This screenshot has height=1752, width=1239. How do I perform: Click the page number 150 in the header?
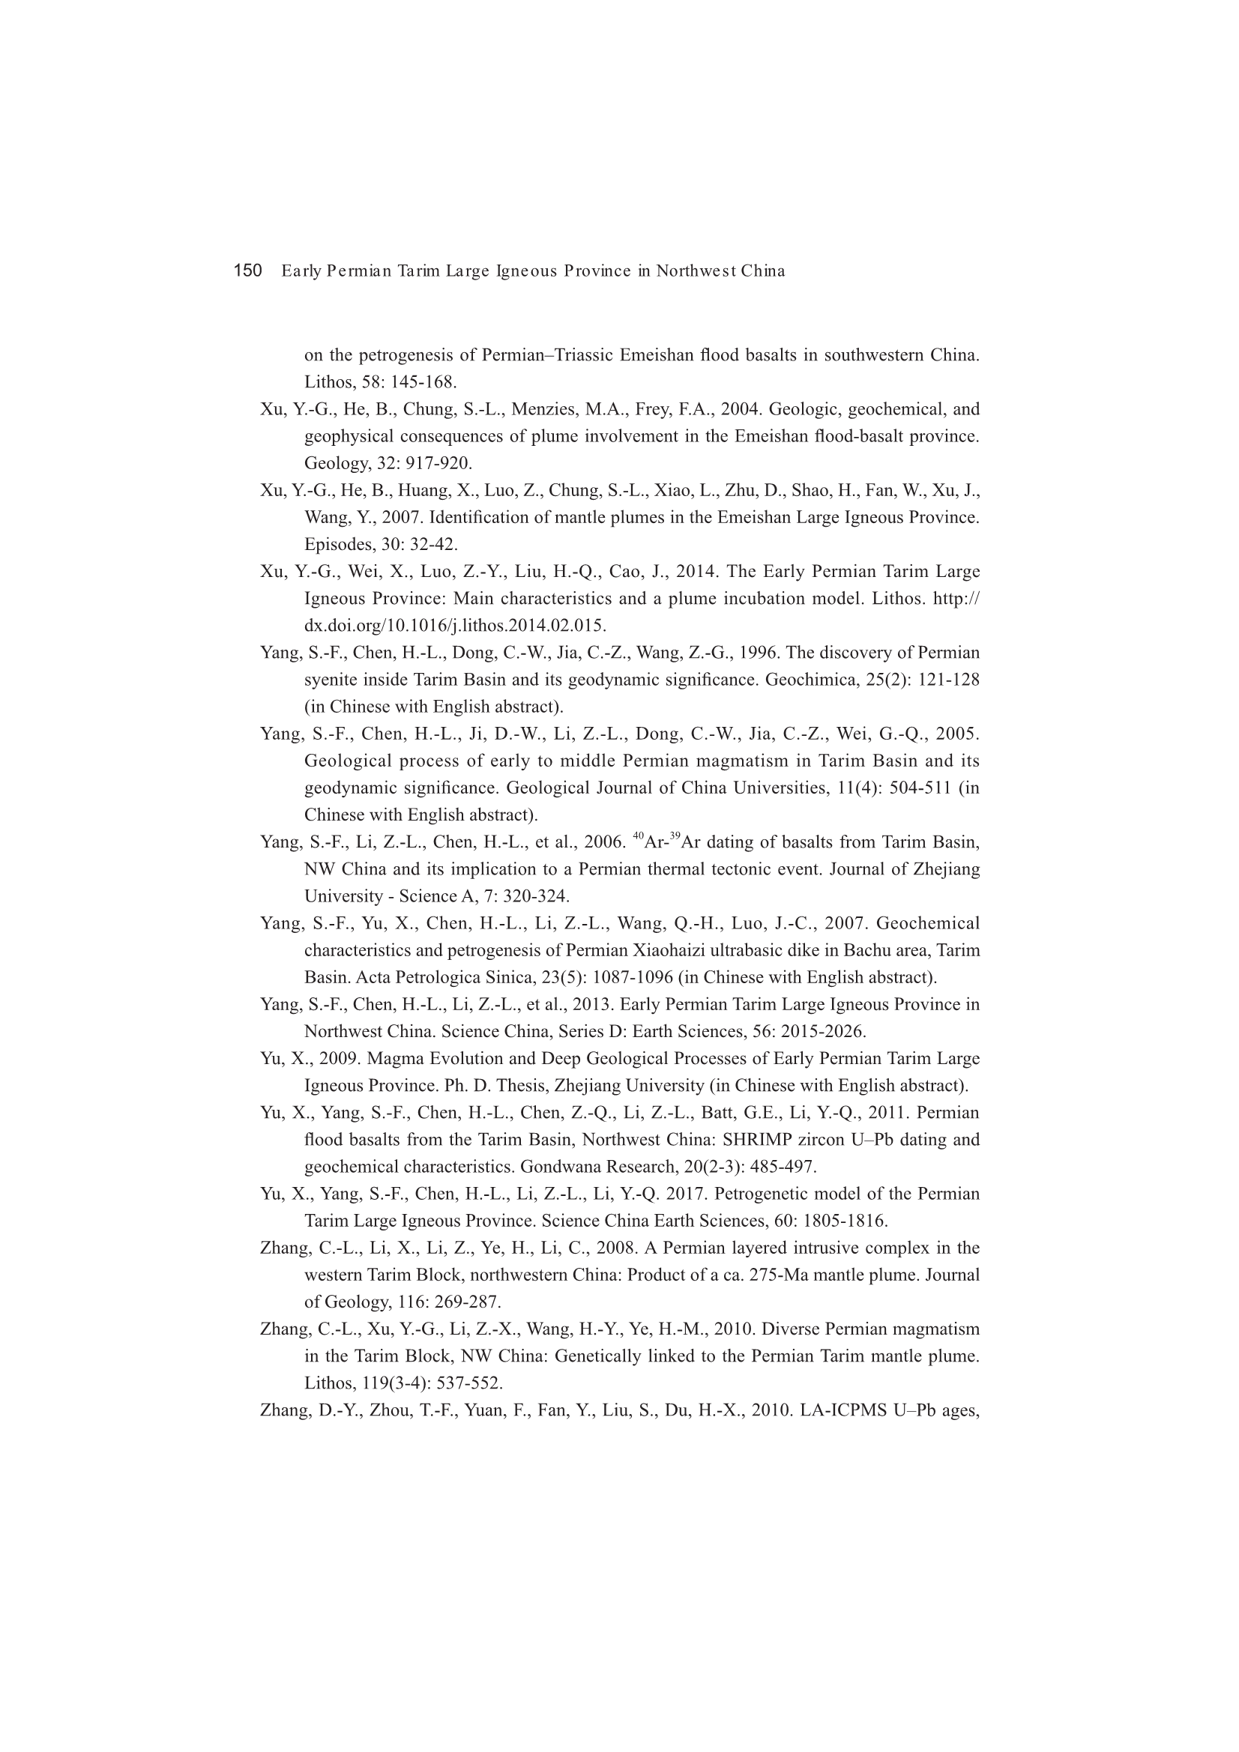247,271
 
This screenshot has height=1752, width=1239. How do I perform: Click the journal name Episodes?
337,545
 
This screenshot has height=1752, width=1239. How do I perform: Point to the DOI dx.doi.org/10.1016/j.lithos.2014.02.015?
455,626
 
